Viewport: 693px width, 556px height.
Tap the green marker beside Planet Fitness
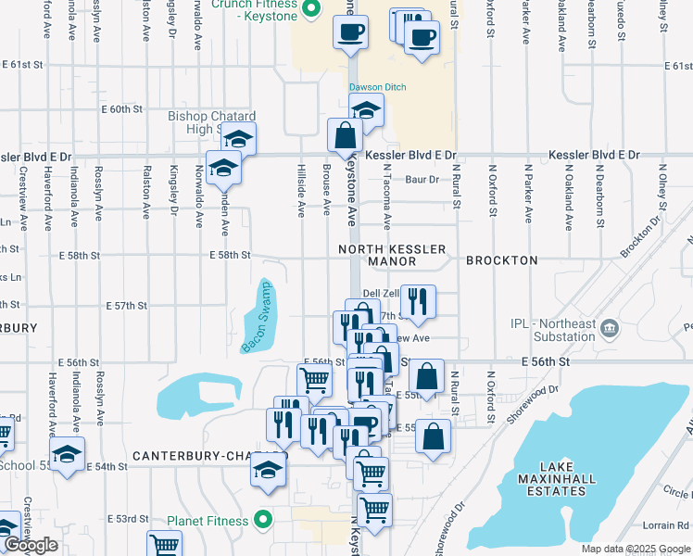click(x=263, y=520)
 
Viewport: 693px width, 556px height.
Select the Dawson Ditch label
click(x=377, y=88)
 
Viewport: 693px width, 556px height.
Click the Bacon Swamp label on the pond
click(x=257, y=317)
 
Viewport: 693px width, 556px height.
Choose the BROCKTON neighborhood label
click(x=501, y=260)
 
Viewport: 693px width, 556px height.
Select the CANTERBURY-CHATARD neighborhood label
click(x=209, y=456)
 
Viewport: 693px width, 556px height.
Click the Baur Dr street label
click(x=421, y=179)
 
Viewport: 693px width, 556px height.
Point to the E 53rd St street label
click(x=128, y=518)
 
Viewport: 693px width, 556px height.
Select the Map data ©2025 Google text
click(x=635, y=549)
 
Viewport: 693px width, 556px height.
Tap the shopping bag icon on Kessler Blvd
click(x=345, y=135)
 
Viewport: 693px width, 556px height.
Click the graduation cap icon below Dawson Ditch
click(x=367, y=110)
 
